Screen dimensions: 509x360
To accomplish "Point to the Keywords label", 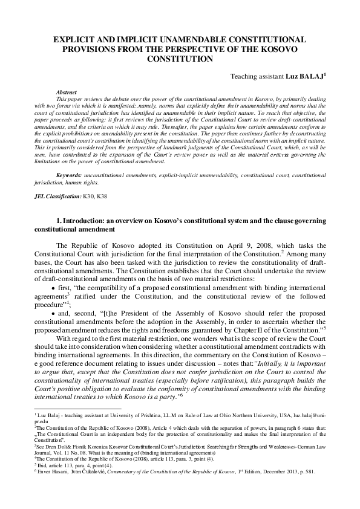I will pos(69,175).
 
